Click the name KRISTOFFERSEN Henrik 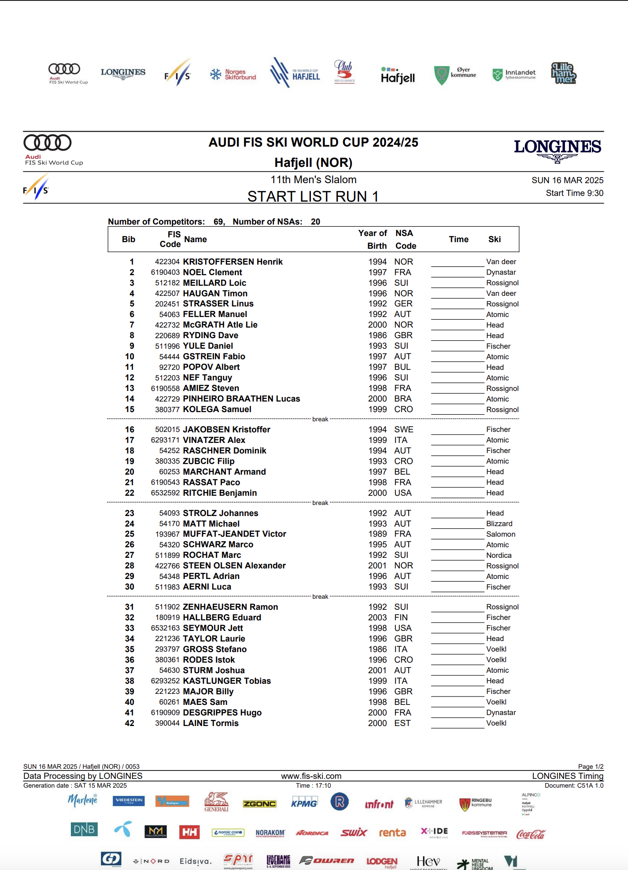point(233,262)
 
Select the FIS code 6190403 point(165,273)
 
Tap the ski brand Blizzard point(499,524)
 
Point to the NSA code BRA point(403,399)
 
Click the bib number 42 point(129,723)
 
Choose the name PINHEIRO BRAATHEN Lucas point(241,399)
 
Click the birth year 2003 point(377,618)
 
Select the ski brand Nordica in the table point(499,556)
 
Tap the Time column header point(458,240)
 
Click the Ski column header point(494,240)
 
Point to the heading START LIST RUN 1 point(313,196)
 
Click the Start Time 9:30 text point(574,193)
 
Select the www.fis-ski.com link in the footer point(311,776)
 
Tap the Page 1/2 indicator point(591,767)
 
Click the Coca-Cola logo point(531,834)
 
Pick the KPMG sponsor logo point(304,803)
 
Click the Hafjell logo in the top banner point(398,76)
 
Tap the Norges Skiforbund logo point(233,74)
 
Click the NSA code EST point(402,723)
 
